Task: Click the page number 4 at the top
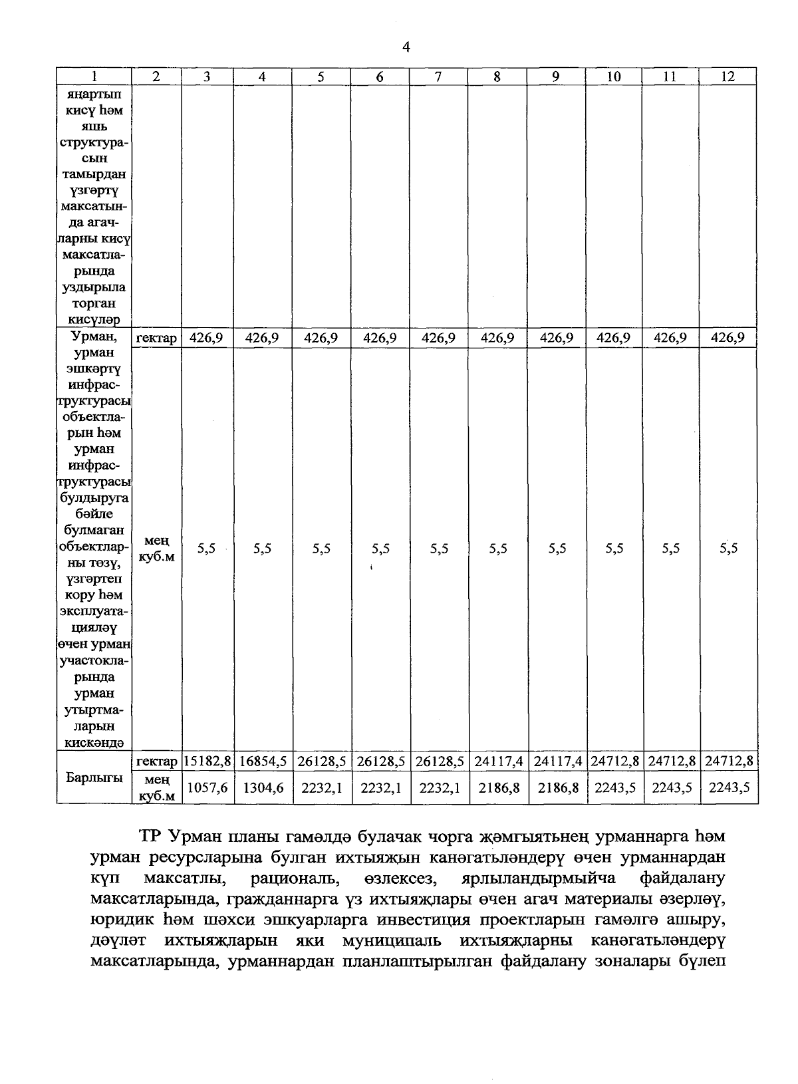click(406, 47)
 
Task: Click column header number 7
click(438, 76)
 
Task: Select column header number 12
click(728, 76)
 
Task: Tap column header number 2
click(156, 76)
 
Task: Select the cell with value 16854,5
click(263, 761)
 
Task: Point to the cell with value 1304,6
click(263, 787)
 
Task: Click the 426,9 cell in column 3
click(206, 338)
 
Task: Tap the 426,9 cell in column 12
click(728, 338)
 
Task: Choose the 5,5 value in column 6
click(380, 549)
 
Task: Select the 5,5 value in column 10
click(614, 549)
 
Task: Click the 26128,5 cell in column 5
click(321, 761)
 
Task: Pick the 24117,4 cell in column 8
click(497, 761)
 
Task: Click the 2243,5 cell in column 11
click(671, 787)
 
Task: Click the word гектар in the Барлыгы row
click(156, 761)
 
